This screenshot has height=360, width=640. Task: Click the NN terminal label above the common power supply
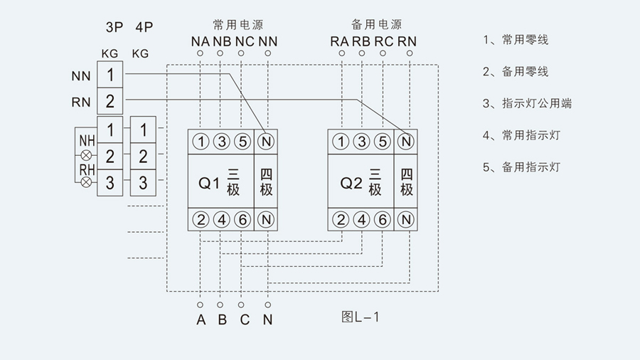267,41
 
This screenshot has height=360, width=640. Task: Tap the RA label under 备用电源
339,41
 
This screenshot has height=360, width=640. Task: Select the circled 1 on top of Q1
201,142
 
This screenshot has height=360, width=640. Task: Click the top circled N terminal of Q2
406,142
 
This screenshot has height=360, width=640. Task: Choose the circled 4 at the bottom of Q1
222,219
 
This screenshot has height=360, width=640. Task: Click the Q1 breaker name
208,183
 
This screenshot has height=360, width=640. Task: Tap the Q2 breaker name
351,183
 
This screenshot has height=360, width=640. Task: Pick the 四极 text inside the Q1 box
267,181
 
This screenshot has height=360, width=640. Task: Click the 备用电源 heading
376,24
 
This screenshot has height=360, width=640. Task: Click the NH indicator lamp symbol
87,154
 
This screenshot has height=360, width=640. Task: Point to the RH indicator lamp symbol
87,182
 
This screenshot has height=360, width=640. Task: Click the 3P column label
114,28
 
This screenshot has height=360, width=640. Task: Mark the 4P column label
144,28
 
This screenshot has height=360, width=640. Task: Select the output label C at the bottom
245,319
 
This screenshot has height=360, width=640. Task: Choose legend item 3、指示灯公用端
527,103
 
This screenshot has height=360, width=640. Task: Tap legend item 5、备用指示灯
521,167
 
